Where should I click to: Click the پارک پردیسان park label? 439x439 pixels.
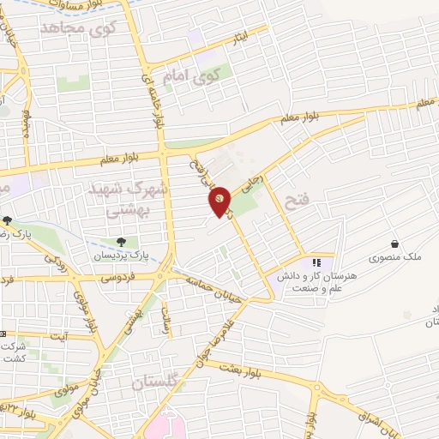click(121, 256)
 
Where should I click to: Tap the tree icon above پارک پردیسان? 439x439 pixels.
click(121, 242)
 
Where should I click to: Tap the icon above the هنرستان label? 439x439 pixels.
click(316, 262)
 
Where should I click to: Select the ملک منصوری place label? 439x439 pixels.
click(391, 257)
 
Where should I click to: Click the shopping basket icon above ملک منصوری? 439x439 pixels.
click(394, 244)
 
